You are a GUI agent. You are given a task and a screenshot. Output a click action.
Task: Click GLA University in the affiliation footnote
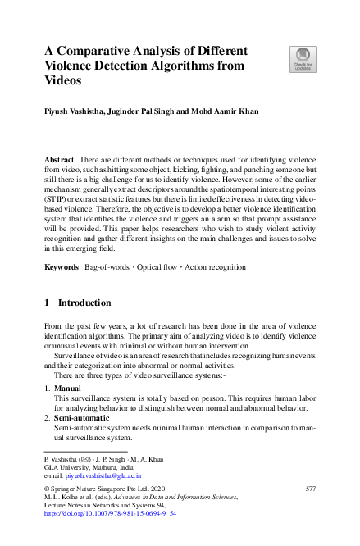pyautogui.click(x=68, y=466)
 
